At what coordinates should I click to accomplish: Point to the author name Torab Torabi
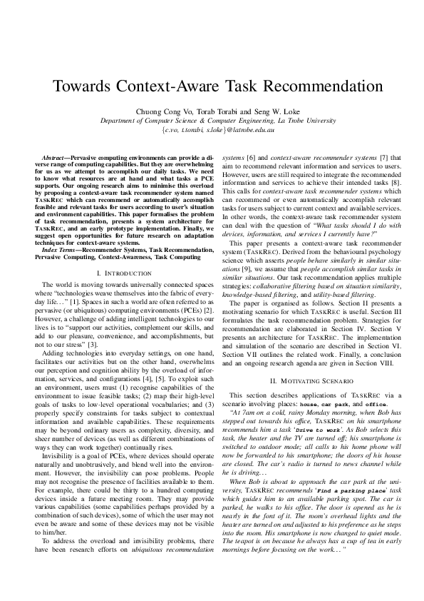click(x=212, y=111)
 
